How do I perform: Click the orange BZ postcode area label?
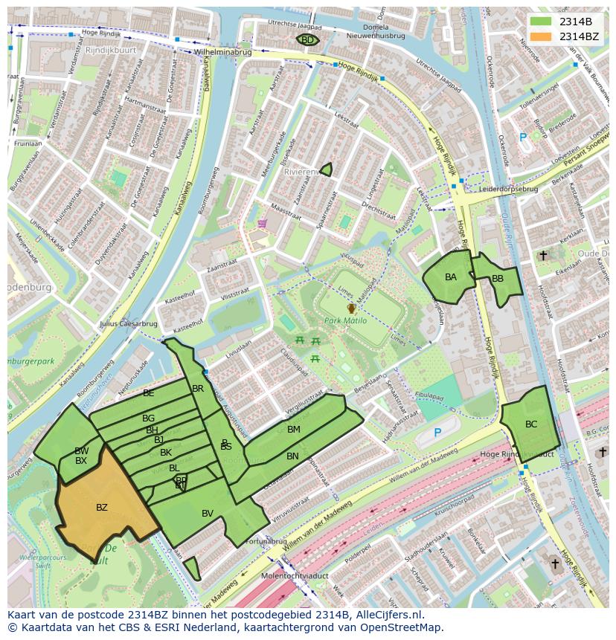102,508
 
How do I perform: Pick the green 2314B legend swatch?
542,22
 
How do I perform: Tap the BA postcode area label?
451,277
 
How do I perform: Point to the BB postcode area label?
498,279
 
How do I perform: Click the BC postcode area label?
531,424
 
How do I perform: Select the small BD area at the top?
307,40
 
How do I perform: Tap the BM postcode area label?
294,430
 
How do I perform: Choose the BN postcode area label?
292,456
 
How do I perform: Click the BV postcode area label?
208,514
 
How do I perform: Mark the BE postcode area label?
149,393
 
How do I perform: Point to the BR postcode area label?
198,389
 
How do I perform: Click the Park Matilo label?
346,320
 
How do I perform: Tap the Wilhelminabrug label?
222,53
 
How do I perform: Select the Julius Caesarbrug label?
128,324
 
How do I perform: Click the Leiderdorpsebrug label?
509,189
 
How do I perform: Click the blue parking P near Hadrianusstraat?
437,433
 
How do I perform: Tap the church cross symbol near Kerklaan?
543,256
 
